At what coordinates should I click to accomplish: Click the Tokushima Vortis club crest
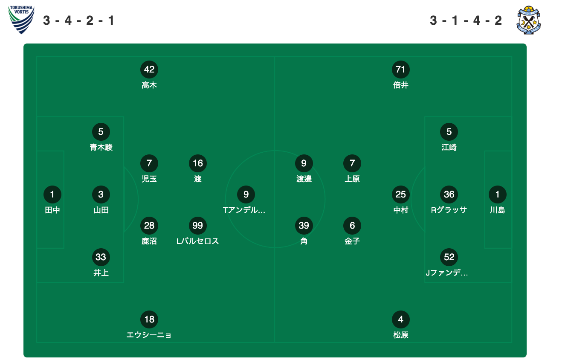tap(21, 20)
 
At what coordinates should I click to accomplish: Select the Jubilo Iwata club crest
tap(529, 20)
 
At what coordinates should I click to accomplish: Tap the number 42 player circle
tap(149, 69)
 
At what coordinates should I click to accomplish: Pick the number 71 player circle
tap(401, 69)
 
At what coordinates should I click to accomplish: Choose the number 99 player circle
tap(198, 226)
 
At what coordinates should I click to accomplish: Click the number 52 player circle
tap(449, 257)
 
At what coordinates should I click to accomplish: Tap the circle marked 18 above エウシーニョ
tap(149, 319)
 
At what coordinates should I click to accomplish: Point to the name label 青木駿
tap(101, 148)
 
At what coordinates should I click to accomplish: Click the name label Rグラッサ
tap(449, 210)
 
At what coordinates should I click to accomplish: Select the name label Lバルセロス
tap(197, 241)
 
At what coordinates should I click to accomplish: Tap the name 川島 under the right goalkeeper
tap(498, 210)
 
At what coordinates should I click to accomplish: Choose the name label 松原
tap(401, 335)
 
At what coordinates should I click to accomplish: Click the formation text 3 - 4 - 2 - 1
tap(78, 20)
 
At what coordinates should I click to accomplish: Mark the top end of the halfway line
tap(275, 57)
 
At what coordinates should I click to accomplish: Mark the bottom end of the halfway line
tap(275, 343)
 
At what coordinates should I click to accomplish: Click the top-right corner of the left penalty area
tap(124, 117)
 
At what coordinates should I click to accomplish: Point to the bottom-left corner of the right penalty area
tap(425, 282)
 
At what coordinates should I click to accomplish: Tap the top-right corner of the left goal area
tap(64, 151)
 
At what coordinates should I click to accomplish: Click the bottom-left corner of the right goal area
tap(485, 248)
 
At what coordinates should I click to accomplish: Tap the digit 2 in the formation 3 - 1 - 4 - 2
tap(498, 20)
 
